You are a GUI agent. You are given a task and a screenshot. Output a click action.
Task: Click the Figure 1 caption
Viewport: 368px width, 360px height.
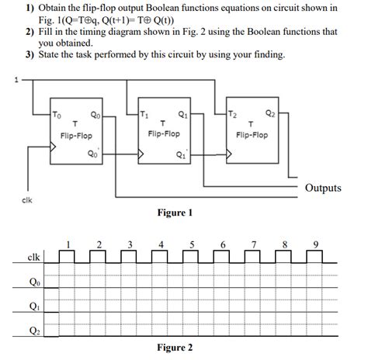pos(174,213)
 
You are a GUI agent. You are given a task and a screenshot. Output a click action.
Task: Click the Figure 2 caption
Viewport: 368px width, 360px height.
pos(174,347)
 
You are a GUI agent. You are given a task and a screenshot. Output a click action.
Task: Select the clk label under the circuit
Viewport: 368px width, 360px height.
pos(25,200)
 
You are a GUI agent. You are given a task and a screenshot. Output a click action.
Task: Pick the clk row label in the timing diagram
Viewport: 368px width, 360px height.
pos(33,257)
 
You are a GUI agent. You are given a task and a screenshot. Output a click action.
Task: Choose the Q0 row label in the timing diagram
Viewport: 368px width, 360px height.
pos(33,282)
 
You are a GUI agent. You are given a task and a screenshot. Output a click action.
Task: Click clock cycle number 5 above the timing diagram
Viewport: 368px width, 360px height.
pos(192,244)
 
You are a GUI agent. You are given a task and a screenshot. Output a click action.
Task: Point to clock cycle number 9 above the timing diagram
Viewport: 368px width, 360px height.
pos(316,244)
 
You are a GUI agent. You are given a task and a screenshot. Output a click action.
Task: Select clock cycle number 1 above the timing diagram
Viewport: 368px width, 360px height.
pos(68,244)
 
